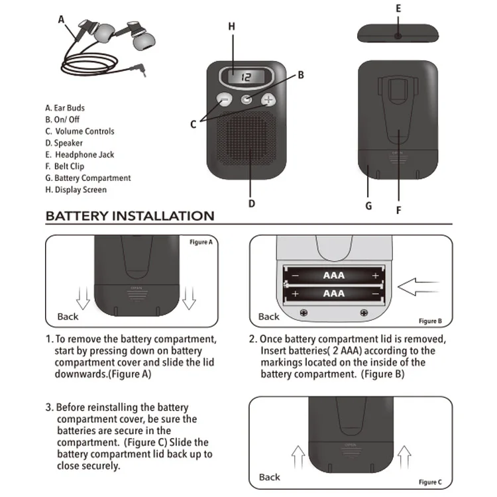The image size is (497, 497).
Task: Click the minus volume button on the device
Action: coord(223,101)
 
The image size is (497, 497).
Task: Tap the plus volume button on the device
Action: coord(268,100)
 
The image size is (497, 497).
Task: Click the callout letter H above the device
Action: coord(231,27)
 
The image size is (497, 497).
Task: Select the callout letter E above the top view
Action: coord(398,9)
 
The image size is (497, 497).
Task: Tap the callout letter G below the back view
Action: coord(369,205)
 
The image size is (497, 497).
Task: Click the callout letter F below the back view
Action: coord(399,211)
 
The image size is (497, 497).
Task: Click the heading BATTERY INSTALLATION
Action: coord(130,216)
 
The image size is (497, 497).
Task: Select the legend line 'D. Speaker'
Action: coord(64,143)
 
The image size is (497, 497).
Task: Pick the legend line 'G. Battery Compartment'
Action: coord(87,178)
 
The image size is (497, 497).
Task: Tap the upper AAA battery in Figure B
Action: coord(334,274)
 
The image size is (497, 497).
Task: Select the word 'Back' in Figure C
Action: coord(270,477)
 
